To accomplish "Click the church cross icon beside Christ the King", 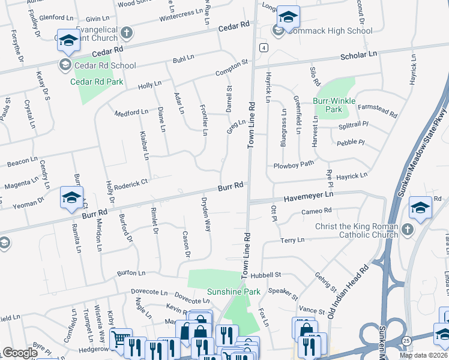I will tap(407, 229).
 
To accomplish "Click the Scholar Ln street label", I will tap(358, 55).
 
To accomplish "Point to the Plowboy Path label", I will tap(294, 164).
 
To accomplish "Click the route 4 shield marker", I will tap(264, 47).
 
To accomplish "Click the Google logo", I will tap(20, 353).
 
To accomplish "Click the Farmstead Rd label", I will tap(377, 111).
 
